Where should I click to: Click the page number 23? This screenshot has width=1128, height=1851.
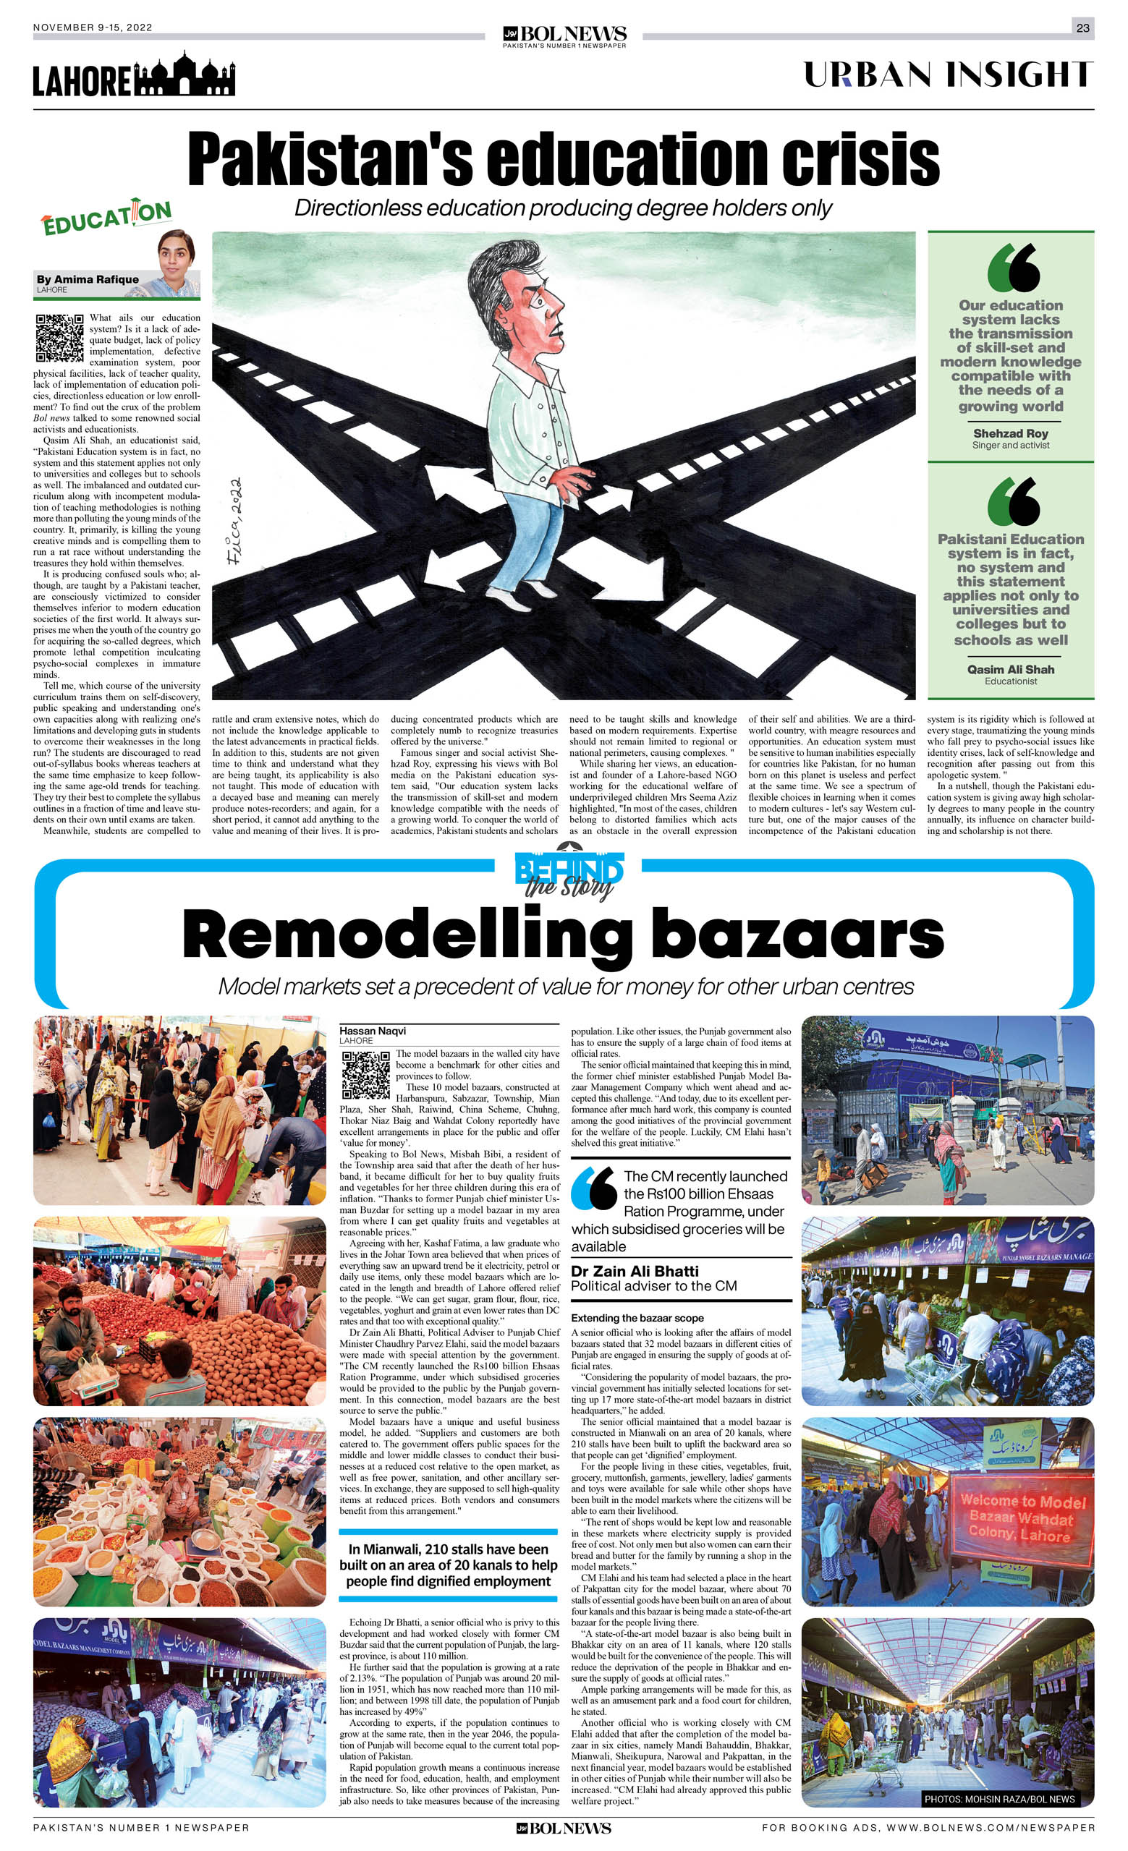click(1082, 27)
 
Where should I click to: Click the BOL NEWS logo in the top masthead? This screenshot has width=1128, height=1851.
click(564, 35)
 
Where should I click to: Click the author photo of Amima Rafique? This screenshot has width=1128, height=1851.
click(177, 260)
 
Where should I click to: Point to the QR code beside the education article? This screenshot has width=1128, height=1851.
click(59, 337)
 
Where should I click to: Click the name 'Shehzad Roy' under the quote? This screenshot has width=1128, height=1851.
click(1010, 433)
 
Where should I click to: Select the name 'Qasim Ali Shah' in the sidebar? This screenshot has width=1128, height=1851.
click(1010, 669)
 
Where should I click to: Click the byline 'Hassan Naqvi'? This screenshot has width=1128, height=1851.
click(373, 1031)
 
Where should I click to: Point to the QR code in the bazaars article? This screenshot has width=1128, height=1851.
click(366, 1074)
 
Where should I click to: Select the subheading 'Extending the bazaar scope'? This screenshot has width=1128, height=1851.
click(637, 1318)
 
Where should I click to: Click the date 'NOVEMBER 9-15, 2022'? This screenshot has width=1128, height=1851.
click(93, 27)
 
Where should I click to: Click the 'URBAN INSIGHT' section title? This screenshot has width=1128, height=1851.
click(948, 75)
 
